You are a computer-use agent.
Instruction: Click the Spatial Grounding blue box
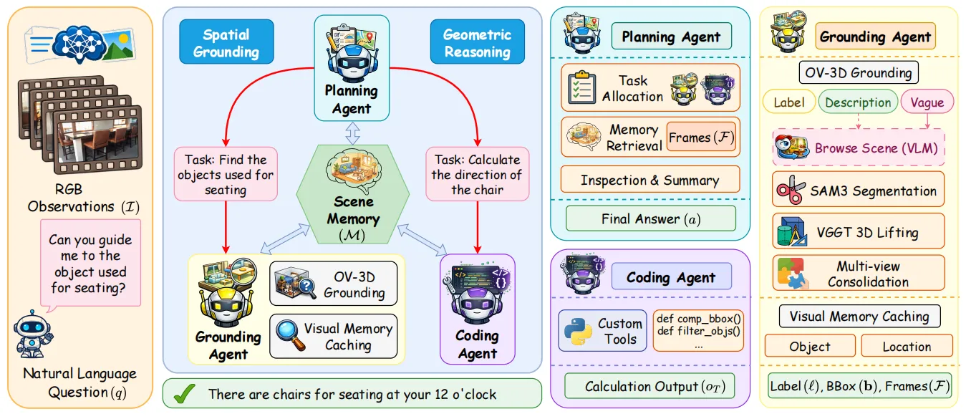pyautogui.click(x=226, y=42)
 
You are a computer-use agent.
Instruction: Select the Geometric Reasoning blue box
pyautogui.click(x=478, y=42)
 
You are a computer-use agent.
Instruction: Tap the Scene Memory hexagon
pyautogui.click(x=353, y=194)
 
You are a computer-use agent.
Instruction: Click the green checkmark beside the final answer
pyautogui.click(x=185, y=393)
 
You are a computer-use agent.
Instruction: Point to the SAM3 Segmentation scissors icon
pyautogui.click(x=791, y=189)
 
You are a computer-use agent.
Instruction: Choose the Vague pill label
pyautogui.click(x=927, y=102)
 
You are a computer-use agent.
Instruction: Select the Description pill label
pyautogui.click(x=858, y=102)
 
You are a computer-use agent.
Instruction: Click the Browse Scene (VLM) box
pyautogui.click(x=859, y=148)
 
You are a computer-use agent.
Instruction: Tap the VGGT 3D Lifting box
pyautogui.click(x=859, y=232)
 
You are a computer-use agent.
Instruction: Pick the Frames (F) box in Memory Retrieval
pyautogui.click(x=701, y=138)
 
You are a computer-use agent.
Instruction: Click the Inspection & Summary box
pyautogui.click(x=650, y=180)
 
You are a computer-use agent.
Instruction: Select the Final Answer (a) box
pyautogui.click(x=651, y=218)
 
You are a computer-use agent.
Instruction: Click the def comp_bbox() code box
pyautogui.click(x=699, y=330)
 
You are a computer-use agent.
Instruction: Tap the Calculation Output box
pyautogui.click(x=650, y=386)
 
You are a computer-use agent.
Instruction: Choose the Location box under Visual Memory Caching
pyautogui.click(x=907, y=346)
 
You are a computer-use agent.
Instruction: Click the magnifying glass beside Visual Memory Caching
pyautogui.click(x=290, y=335)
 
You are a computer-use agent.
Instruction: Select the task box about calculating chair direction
pyautogui.click(x=478, y=174)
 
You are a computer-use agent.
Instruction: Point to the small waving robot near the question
pyautogui.click(x=33, y=334)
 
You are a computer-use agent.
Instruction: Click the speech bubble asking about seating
pyautogui.click(x=90, y=264)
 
